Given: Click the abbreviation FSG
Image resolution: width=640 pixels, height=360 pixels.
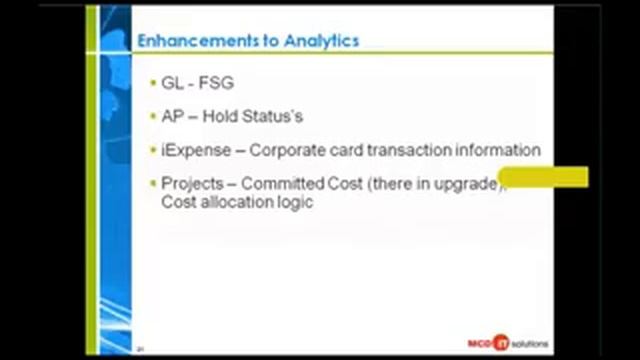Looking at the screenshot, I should tap(215, 83).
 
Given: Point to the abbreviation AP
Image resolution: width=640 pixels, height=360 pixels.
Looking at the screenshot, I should tap(172, 116).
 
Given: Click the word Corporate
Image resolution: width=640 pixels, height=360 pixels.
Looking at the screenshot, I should tap(289, 150).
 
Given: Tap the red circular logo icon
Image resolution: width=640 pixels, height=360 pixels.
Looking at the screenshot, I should tap(501, 342).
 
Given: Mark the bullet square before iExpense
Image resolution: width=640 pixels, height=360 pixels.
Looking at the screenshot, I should tap(153, 150).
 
